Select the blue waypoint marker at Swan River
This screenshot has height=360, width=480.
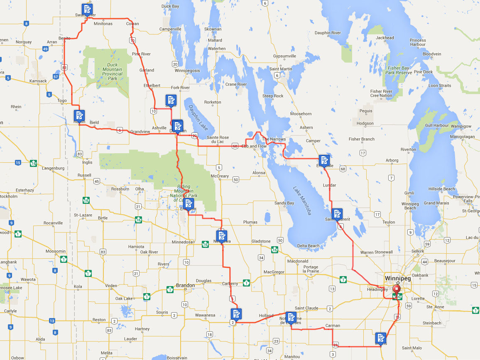87,9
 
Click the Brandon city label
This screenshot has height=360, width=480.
185,286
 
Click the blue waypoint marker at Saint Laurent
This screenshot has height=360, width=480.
337,214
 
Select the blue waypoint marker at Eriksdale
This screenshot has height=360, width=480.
324,160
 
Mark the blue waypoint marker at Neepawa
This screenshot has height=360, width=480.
222,236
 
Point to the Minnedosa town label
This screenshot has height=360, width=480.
183,242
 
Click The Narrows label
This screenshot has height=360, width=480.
272,139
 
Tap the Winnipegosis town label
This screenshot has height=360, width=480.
186,71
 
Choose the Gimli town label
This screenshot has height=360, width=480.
409,193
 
